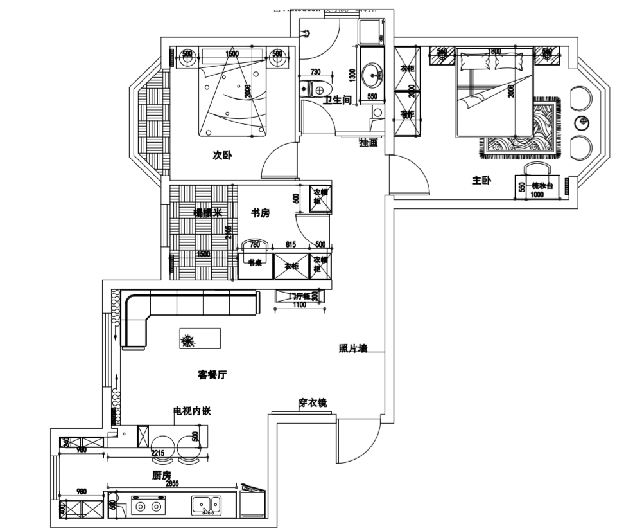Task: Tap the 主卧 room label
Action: coord(481,181)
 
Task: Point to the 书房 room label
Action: coord(260,213)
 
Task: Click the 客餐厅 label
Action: coord(212,373)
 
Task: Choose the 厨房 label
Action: coord(162,475)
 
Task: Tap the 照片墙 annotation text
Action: coord(352,348)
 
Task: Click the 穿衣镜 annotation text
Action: coord(313,403)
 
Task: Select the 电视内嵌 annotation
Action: coord(192,410)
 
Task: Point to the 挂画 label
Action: coord(368,143)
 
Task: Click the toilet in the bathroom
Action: coord(315,88)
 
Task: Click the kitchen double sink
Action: coord(207,505)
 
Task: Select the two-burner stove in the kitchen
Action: coord(148,507)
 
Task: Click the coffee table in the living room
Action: coord(200,339)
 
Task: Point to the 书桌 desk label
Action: coord(256,262)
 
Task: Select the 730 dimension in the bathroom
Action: coord(315,73)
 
